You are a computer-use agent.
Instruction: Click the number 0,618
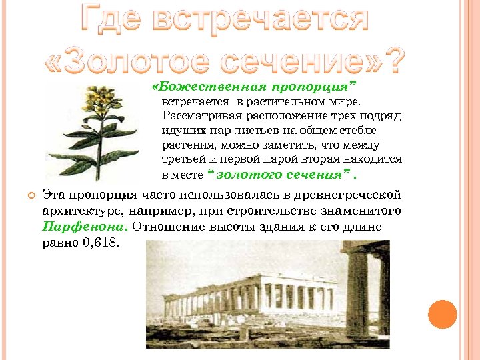(x=100, y=242)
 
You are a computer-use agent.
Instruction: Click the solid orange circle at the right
(x=441, y=314)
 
